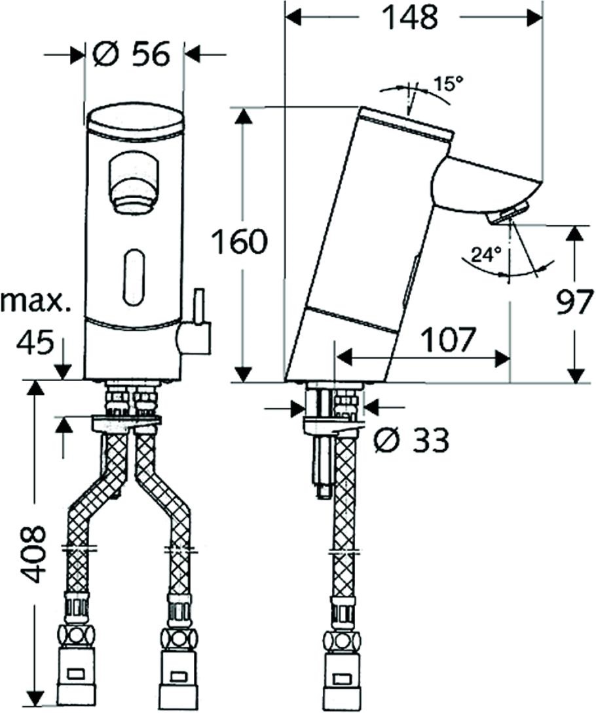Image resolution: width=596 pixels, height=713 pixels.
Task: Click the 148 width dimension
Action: (x=409, y=17)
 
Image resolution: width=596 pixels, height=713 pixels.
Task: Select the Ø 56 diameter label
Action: (x=131, y=54)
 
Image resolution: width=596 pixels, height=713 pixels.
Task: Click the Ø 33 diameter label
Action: (x=412, y=440)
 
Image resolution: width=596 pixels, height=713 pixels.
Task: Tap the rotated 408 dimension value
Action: (x=34, y=554)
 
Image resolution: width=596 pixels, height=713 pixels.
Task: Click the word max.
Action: (x=36, y=302)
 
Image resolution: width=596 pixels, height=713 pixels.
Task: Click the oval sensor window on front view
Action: (x=134, y=275)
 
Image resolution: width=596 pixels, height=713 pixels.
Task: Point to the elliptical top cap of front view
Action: (x=135, y=122)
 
